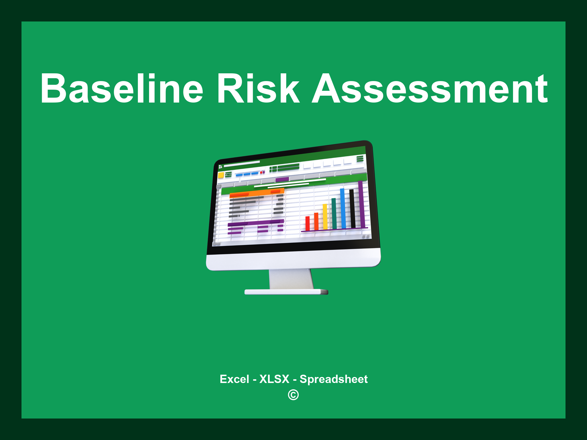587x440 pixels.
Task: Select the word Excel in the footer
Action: (234, 379)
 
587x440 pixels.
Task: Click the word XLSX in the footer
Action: (274, 379)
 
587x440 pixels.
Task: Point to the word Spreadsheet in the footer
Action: (334, 379)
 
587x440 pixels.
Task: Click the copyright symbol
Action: (293, 395)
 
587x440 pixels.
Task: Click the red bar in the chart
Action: (308, 223)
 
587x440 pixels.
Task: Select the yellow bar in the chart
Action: (325, 217)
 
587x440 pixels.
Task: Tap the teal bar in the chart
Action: (334, 214)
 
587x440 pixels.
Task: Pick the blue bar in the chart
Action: (343, 209)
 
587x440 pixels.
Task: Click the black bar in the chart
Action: (352, 209)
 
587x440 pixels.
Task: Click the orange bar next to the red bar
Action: (316, 221)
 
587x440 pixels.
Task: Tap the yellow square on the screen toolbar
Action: (221, 175)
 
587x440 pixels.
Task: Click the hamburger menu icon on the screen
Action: (360, 158)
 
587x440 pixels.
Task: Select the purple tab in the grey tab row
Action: (282, 180)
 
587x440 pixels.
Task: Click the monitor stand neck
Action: (291, 279)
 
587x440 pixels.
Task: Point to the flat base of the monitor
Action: (286, 292)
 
